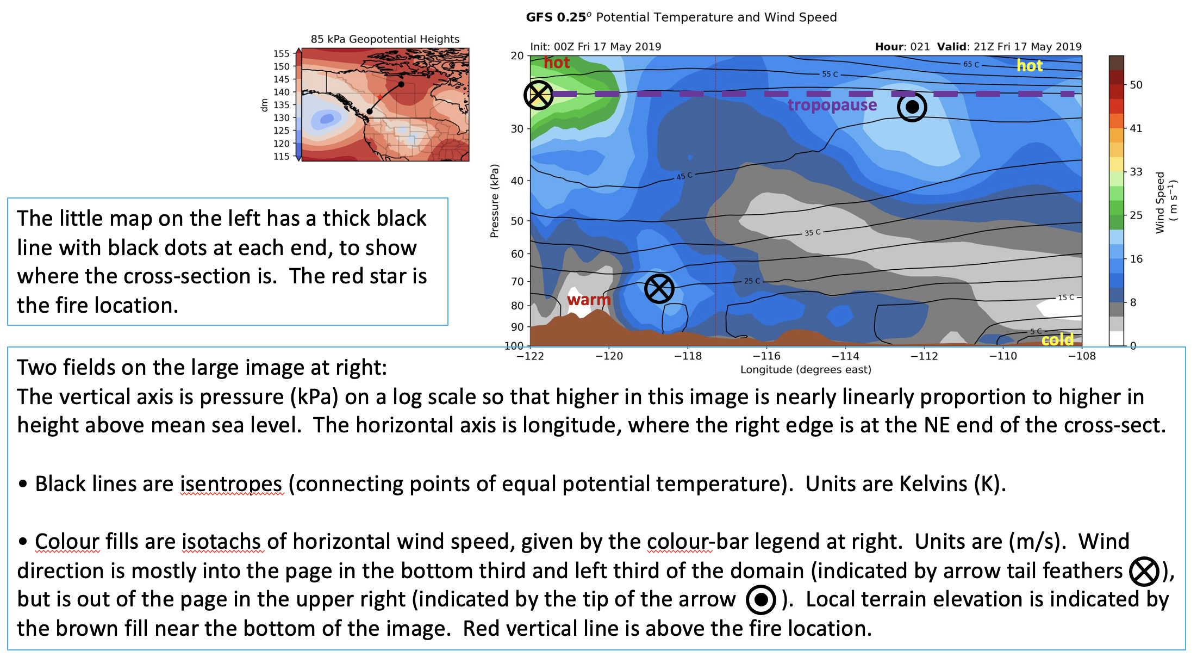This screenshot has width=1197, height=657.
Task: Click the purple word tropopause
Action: click(x=832, y=105)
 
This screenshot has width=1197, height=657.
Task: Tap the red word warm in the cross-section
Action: click(x=589, y=300)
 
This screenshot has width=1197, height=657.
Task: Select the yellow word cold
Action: click(x=1057, y=340)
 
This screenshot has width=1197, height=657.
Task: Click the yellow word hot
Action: click(x=1030, y=66)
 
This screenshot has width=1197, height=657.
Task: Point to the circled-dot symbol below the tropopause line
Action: click(x=912, y=107)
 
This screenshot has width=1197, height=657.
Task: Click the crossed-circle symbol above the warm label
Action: click(x=659, y=289)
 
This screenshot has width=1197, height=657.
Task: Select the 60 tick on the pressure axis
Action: click(x=517, y=254)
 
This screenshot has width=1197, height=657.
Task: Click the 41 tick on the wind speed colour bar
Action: click(x=1136, y=128)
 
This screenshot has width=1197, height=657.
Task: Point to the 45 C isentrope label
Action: click(x=684, y=176)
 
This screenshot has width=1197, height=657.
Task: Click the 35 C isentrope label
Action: click(x=813, y=233)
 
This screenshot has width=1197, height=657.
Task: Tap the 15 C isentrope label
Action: click(x=1066, y=297)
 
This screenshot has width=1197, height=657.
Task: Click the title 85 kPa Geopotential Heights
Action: click(x=385, y=39)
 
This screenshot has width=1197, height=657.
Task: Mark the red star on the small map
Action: click(x=379, y=98)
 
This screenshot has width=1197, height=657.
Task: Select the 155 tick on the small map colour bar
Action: click(x=282, y=53)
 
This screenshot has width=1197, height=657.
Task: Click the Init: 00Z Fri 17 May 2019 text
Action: click(x=596, y=47)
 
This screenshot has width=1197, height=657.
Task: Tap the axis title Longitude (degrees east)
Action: click(x=806, y=370)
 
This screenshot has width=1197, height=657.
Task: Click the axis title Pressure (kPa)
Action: click(x=494, y=201)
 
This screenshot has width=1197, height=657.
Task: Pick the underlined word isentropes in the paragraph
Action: click(x=232, y=484)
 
